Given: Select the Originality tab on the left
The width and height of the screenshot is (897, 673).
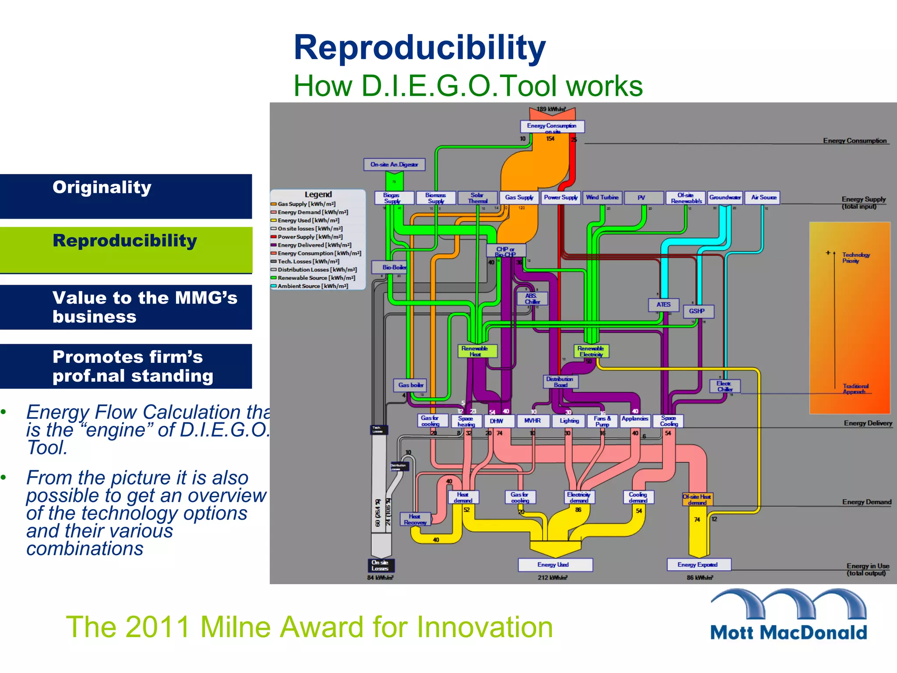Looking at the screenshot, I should [x=126, y=196].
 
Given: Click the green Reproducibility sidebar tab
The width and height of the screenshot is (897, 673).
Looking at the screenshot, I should [x=126, y=250].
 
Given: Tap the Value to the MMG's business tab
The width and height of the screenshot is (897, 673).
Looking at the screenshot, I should [x=126, y=307].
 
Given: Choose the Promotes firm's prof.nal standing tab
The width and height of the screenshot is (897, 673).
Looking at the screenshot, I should [x=126, y=366].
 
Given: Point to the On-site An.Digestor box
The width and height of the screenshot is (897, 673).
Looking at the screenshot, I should [x=394, y=164].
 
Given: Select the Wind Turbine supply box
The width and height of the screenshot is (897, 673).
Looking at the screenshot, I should [x=602, y=198].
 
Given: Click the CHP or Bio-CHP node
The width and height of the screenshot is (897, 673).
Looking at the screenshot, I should [x=505, y=251].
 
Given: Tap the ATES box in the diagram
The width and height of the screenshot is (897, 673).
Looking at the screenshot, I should [x=663, y=305].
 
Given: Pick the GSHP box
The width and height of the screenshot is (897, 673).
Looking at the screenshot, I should [x=697, y=311].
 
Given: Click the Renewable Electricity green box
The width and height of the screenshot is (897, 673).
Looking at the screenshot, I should [x=591, y=351].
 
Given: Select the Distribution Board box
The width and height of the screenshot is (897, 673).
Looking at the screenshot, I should [x=560, y=382].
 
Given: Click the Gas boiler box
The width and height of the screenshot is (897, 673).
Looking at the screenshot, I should [x=410, y=385].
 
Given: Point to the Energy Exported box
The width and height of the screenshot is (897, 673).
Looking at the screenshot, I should [x=698, y=564].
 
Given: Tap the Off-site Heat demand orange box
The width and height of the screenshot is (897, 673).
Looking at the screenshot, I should [x=697, y=499].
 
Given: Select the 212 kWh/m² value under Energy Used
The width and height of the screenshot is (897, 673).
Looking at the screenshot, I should [x=552, y=577].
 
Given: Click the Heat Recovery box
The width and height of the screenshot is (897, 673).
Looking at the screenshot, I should [x=415, y=519].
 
